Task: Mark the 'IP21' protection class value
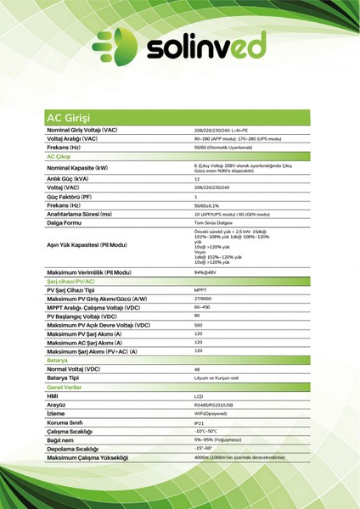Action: [x=200, y=422]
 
